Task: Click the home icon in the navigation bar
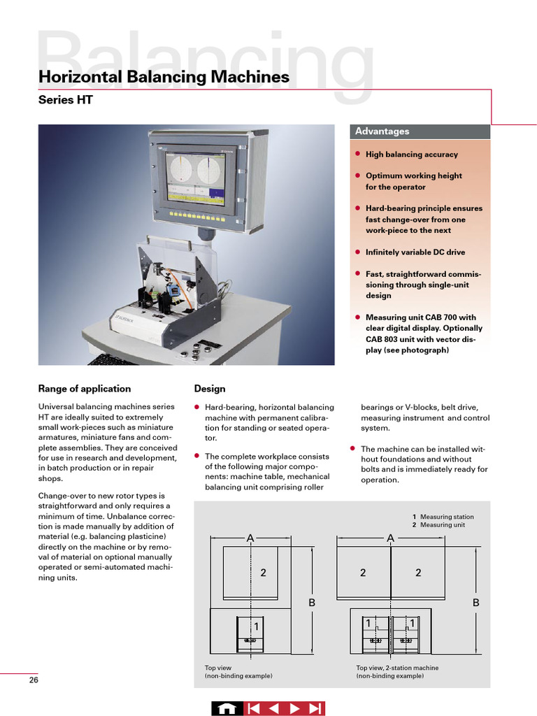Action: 227,708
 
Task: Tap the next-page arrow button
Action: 294,708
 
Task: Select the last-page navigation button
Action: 315,708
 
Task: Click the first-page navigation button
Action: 253,708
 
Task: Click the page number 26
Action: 34,680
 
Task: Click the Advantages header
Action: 382,131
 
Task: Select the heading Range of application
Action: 85,389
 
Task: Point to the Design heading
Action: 210,389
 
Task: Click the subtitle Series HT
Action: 65,99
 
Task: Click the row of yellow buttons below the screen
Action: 197,215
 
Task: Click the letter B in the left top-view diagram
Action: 312,603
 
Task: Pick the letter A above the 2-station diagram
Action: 390,538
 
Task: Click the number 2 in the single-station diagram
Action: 263,573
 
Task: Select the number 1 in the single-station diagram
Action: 256,627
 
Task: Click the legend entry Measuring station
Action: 447,517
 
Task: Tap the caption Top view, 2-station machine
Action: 397,668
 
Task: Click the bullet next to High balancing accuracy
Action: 358,154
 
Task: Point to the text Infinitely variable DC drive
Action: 415,252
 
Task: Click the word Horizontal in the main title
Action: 80,77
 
